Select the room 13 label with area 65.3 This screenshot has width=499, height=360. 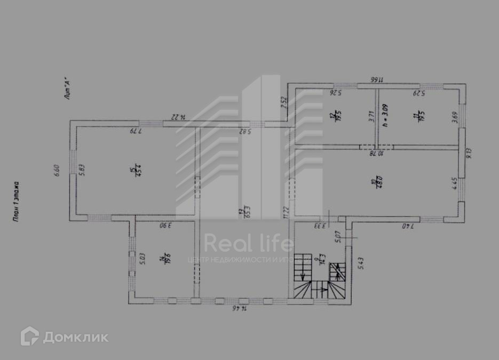coord(241,212)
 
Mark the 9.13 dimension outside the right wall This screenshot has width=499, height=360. coord(470,153)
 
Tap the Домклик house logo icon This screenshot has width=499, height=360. coord(29,336)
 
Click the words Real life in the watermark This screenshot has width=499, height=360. coord(249,243)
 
